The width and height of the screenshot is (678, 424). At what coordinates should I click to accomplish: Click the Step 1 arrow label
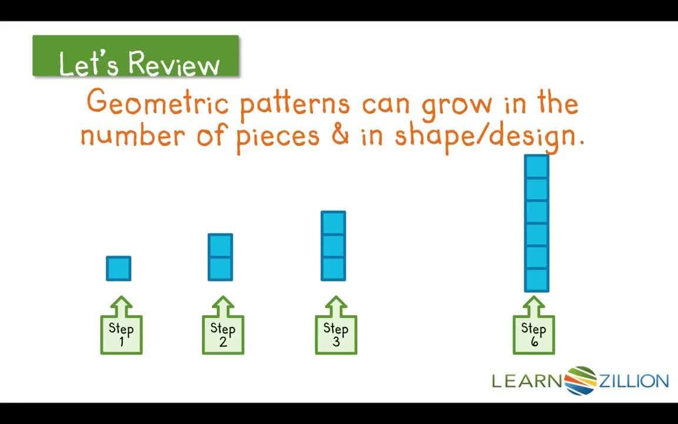pos(121,333)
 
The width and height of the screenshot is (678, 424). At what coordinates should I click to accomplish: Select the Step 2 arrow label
pos(222,333)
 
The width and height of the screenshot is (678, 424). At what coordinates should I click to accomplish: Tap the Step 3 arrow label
pos(335,333)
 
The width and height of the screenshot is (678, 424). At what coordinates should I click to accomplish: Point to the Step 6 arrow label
pos(533,333)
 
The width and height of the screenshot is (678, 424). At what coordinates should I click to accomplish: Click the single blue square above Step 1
pos(118,269)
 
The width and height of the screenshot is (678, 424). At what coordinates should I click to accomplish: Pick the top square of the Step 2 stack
pos(220,246)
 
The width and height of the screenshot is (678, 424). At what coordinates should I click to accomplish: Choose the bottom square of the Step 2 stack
pos(220,269)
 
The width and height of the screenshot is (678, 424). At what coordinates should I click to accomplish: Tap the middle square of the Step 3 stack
pos(333,246)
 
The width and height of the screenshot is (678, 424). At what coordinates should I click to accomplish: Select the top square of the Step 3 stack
pos(333,223)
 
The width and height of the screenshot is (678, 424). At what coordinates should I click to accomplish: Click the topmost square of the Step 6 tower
pos(536,167)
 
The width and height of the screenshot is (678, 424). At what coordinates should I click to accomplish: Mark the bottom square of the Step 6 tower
pos(536,280)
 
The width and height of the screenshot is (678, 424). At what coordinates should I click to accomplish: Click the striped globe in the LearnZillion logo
pos(581,380)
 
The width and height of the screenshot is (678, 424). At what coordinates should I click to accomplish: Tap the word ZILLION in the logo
pos(634,381)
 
